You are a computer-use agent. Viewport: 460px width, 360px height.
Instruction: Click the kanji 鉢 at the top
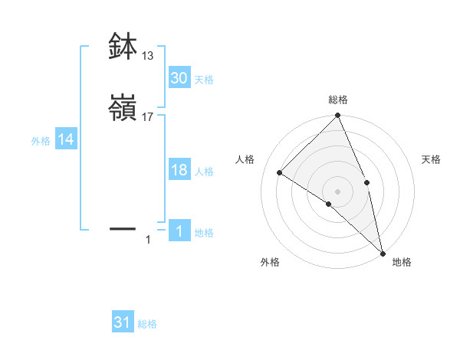[x=123, y=47]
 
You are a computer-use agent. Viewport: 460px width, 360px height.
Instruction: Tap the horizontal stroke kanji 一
[x=123, y=227]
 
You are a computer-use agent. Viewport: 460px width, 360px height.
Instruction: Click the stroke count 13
[x=148, y=56]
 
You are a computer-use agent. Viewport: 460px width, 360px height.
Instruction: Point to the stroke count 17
[x=148, y=117]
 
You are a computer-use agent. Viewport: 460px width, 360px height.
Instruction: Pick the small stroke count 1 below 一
[x=149, y=241]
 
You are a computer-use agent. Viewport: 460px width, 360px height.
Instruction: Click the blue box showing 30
[x=179, y=78]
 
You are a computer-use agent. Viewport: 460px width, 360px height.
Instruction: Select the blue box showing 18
[x=179, y=170]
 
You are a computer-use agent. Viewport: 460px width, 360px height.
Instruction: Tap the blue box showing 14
[x=66, y=139]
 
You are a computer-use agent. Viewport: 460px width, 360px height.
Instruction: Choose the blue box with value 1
[x=179, y=231]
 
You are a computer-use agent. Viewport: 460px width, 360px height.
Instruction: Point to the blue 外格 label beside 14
[x=41, y=140]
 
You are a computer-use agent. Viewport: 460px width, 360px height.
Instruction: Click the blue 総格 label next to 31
[x=147, y=324]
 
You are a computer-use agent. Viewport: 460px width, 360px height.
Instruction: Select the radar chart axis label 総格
[x=338, y=100]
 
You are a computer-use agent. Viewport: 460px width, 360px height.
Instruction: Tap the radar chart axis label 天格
[x=431, y=159]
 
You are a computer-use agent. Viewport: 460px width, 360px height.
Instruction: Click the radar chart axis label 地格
[x=402, y=262]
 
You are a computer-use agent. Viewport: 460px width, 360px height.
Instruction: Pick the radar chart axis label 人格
[x=245, y=159]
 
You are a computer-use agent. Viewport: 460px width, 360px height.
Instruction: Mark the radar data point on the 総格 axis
[x=337, y=116]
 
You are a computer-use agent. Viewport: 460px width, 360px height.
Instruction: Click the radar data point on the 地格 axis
[x=383, y=253]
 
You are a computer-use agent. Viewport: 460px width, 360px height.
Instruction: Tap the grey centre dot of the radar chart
[x=337, y=191]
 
